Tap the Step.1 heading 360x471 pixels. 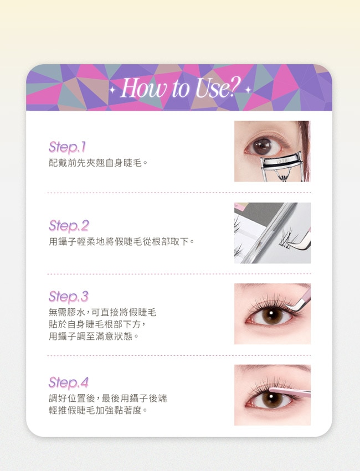[68, 147]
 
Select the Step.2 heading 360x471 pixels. [69, 226]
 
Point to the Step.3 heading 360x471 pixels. [69, 297]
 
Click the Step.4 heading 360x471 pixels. [69, 382]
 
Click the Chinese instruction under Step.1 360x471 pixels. [98, 163]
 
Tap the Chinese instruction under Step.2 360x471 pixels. [121, 241]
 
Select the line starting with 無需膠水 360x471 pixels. [102, 312]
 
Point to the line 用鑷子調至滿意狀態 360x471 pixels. [94, 336]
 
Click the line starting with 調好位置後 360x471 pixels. [107, 398]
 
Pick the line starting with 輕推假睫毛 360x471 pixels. [98, 410]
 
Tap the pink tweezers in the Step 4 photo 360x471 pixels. [290, 391]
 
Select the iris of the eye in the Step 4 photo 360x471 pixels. [271, 398]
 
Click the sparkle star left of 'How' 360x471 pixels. [112, 90]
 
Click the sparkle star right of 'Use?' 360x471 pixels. [248, 90]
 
